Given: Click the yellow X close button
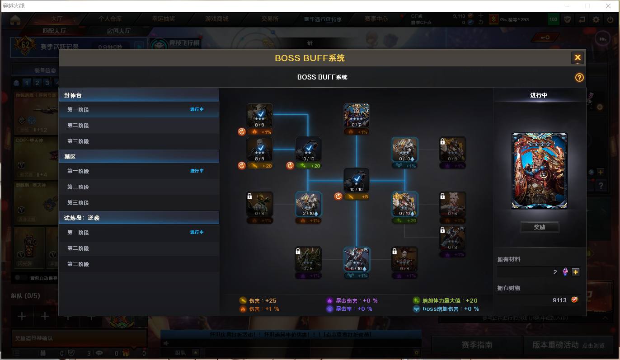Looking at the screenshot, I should pyautogui.click(x=577, y=58).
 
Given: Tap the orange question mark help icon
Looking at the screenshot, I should pyautogui.click(x=579, y=78).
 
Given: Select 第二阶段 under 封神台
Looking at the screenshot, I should pyautogui.click(x=78, y=126).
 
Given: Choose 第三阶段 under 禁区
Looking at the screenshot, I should pyautogui.click(x=78, y=203).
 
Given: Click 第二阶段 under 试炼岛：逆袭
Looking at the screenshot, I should pyautogui.click(x=78, y=248).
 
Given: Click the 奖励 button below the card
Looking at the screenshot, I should pyautogui.click(x=539, y=227).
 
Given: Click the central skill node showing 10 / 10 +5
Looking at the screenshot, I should pyautogui.click(x=356, y=180).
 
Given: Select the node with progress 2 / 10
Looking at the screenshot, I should pyautogui.click(x=308, y=204).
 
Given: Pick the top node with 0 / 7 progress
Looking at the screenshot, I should pyautogui.click(x=356, y=116).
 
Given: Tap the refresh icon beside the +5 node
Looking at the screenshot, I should pyautogui.click(x=338, y=196).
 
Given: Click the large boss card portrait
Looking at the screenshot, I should pyautogui.click(x=539, y=171).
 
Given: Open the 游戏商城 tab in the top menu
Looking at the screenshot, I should pyautogui.click(x=216, y=19).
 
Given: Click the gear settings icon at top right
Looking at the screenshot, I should pyautogui.click(x=596, y=19).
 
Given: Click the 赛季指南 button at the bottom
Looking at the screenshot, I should pyautogui.click(x=476, y=345).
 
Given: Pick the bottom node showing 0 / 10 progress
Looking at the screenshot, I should pyautogui.click(x=356, y=260).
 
